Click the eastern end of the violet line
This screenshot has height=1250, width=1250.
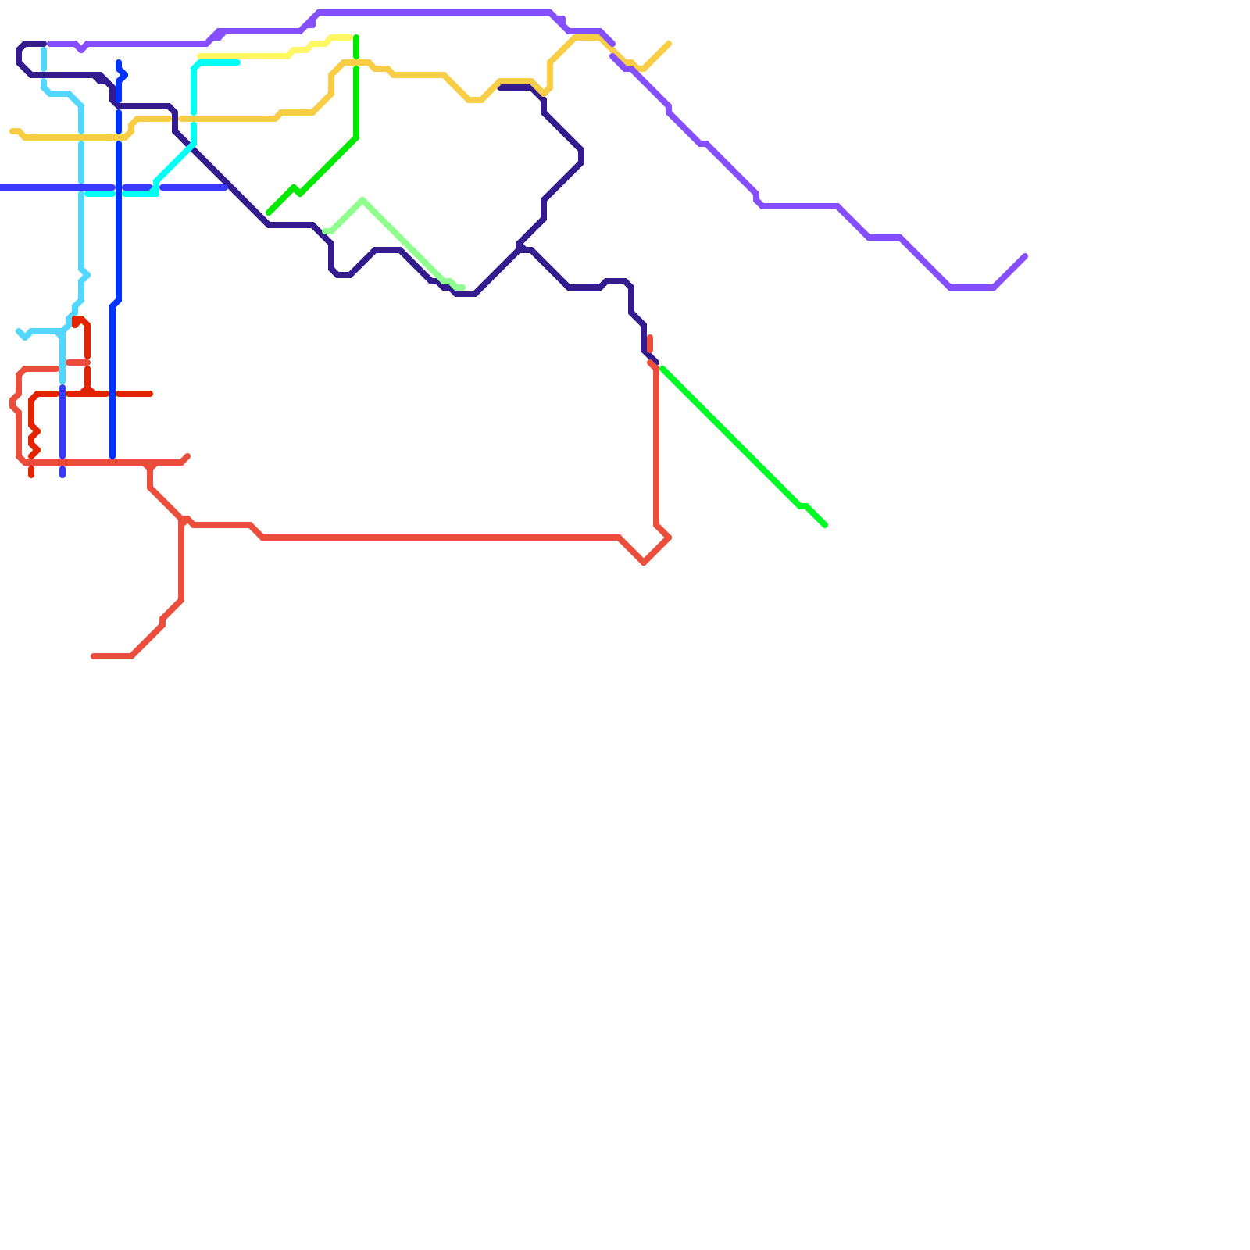(1025, 256)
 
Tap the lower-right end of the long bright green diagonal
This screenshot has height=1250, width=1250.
(825, 525)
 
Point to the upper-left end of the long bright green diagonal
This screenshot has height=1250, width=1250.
(662, 369)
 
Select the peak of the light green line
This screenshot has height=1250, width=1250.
(362, 200)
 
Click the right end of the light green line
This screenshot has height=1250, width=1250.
(462, 287)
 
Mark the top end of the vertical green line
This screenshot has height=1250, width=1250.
(356, 37)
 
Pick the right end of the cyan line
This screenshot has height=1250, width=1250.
(237, 62)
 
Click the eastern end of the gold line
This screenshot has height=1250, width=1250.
(670, 44)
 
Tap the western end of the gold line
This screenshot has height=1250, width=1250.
(12, 131)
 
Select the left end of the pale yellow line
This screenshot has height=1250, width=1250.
(200, 56)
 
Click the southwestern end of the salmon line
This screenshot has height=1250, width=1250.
(93, 656)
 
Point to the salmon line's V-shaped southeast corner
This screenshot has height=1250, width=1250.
(644, 562)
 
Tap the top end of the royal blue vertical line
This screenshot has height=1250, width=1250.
(119, 62)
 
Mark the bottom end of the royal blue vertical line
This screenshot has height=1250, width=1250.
(112, 457)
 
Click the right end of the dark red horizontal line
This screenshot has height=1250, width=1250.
(151, 394)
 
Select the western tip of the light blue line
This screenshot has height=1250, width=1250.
(19, 331)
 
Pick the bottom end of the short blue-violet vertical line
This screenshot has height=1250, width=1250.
(62, 475)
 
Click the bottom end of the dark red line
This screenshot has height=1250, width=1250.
(31, 475)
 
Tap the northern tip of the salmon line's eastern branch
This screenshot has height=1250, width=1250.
(650, 337)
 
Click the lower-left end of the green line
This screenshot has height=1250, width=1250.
(269, 212)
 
